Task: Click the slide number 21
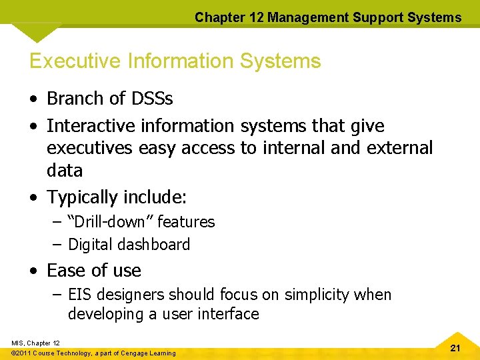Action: coord(455,347)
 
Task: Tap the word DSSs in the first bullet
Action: coord(151,99)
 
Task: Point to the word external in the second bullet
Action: coord(399,147)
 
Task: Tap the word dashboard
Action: coord(155,245)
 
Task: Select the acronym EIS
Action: coord(81,295)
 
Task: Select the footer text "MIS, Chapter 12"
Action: coord(35,343)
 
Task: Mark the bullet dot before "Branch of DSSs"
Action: coord(33,99)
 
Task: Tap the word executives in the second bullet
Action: coord(91,147)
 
